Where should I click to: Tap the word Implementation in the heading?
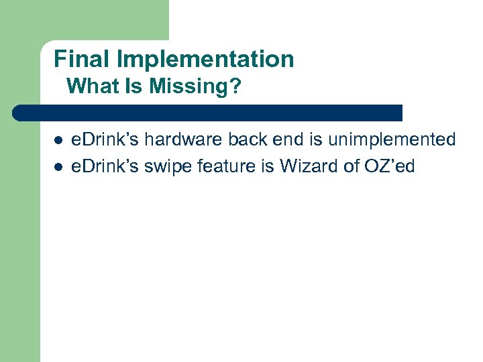(x=205, y=60)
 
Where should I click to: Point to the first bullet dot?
(x=58, y=141)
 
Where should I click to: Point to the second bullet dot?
(x=58, y=167)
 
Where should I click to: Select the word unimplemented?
(x=392, y=139)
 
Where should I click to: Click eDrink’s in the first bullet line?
(x=105, y=139)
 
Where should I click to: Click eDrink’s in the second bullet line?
(x=105, y=166)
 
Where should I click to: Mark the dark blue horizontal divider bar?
(x=208, y=113)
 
